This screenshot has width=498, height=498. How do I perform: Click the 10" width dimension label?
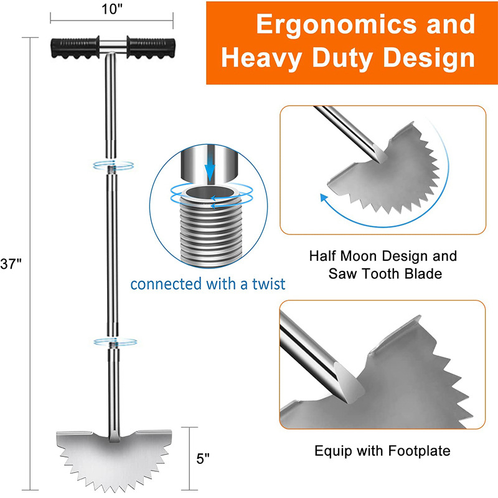(112, 9)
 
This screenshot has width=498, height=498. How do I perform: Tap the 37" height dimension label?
(11, 264)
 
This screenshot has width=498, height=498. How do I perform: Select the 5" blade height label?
(203, 459)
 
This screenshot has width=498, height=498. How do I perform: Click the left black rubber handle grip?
(75, 48)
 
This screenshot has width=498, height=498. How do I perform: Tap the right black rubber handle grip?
(151, 48)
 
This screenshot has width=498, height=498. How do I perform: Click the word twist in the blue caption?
(269, 284)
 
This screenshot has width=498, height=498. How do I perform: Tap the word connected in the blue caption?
(166, 284)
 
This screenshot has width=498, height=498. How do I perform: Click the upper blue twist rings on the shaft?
(113, 165)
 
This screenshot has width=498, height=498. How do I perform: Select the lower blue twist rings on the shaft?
(115, 342)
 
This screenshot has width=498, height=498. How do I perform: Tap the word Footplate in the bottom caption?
(419, 451)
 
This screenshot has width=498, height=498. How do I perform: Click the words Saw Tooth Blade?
(385, 274)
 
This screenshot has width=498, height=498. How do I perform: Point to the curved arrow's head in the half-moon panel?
(324, 198)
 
